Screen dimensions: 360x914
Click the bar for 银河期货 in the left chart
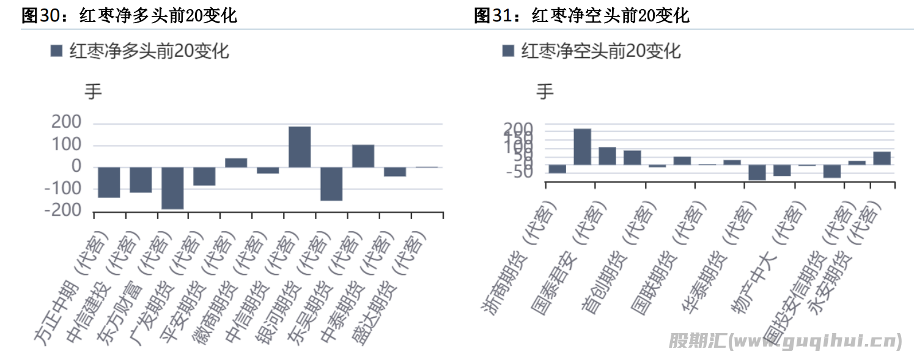click(331, 183)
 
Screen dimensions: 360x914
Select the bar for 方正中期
click(109, 182)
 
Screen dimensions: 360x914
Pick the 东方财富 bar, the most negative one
click(172, 188)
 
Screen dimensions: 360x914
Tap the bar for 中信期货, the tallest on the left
click(300, 147)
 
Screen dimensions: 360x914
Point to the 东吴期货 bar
click(363, 156)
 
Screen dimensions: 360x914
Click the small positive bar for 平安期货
click(236, 163)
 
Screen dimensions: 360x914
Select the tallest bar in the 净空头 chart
click(582, 147)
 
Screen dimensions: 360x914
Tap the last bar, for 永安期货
click(882, 158)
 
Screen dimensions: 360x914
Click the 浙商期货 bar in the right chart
click(557, 169)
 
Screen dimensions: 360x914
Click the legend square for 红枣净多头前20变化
click(56, 51)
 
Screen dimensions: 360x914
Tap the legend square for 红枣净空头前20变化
click(508, 51)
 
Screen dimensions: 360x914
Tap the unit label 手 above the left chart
click(93, 92)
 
